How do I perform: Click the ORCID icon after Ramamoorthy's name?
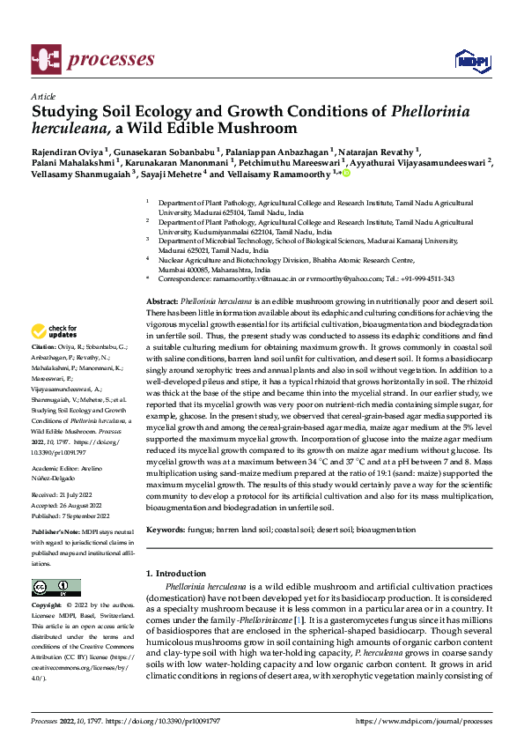pos(346,174)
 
